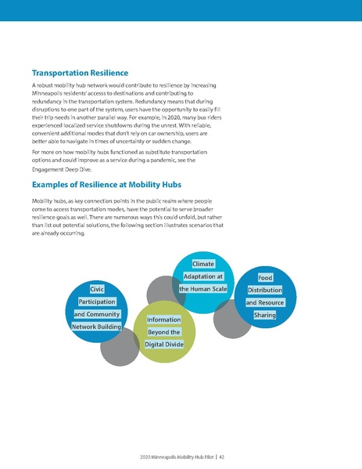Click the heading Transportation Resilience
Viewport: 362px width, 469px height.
85,73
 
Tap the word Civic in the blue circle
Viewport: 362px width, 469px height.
97,289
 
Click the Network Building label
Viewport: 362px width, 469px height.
97,326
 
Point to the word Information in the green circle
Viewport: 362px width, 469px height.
164,319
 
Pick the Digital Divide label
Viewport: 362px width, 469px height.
164,345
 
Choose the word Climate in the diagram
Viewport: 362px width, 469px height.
203,264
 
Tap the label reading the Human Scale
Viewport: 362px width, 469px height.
203,289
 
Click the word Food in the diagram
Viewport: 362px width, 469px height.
265,277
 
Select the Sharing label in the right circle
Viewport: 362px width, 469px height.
265,315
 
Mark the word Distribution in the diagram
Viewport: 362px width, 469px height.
265,290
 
